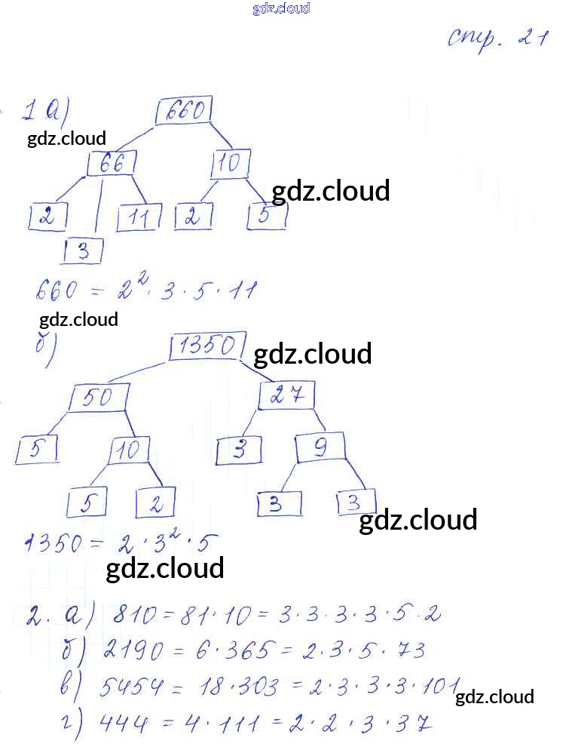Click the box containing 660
[x=183, y=112]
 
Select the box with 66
[x=112, y=164]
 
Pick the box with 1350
[x=207, y=346]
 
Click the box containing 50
[x=98, y=398]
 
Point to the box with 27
[x=286, y=395]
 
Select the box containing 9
[x=320, y=448]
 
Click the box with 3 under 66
[x=83, y=251]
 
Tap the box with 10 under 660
[x=231, y=163]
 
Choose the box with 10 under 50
[x=129, y=451]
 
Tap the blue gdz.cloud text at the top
[x=281, y=9]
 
